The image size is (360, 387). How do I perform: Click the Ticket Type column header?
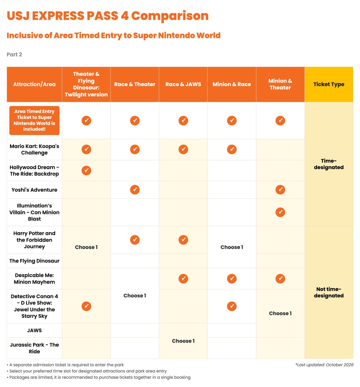(328, 84)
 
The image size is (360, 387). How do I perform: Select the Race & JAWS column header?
(183, 84)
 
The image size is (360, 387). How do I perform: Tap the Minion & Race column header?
(232, 84)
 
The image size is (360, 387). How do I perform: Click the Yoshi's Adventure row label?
(34, 190)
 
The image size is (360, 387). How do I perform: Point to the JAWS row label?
(34, 330)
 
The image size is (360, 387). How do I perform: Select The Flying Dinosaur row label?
(34, 261)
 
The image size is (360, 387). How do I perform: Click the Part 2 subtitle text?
(14, 54)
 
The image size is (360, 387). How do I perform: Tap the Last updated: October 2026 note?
(324, 365)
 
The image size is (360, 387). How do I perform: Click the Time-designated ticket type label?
(328, 164)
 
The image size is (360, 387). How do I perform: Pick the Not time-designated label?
(328, 292)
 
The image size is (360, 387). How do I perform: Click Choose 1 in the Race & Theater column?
(135, 296)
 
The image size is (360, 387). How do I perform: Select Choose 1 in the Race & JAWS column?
(183, 341)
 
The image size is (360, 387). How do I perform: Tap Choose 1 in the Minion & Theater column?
(280, 313)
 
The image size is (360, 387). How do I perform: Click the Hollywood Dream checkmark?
(86, 170)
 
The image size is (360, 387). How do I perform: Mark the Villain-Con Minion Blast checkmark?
(280, 212)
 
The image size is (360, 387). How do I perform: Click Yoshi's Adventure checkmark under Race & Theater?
(135, 190)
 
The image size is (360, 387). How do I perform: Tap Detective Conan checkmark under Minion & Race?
(232, 306)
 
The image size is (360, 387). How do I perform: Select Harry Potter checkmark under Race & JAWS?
(183, 240)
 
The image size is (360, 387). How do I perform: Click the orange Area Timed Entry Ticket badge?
(34, 121)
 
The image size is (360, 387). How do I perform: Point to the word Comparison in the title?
(170, 16)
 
